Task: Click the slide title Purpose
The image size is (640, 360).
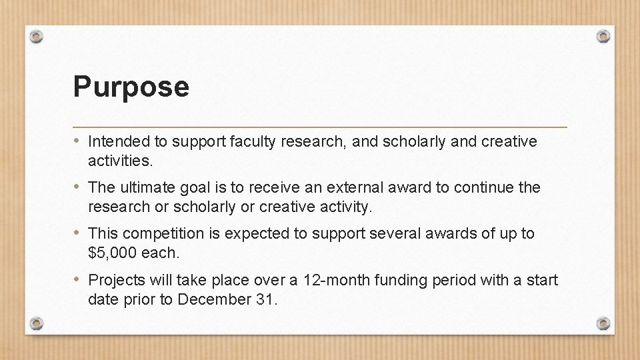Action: [x=131, y=87]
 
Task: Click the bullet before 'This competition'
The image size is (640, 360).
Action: [x=78, y=233]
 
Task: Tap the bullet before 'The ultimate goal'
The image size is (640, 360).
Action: [x=78, y=187]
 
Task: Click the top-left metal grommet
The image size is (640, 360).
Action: [x=37, y=36]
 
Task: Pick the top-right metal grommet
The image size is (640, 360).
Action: [x=603, y=36]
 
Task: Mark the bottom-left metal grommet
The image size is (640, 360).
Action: [x=37, y=323]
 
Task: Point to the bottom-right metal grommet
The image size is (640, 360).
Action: [x=603, y=323]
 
